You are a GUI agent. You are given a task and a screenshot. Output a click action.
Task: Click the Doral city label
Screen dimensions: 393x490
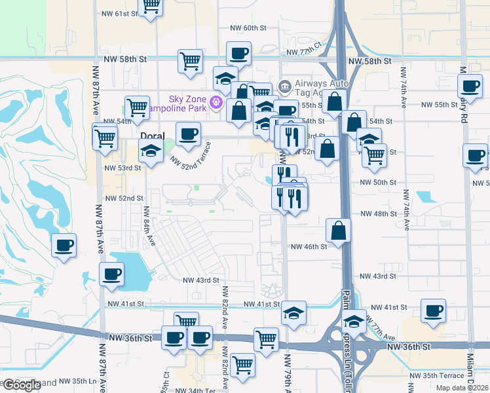tap(153, 136)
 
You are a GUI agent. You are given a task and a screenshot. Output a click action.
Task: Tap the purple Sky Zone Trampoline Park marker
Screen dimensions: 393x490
tap(216, 103)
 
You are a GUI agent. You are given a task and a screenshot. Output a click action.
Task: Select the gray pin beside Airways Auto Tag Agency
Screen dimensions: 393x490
tap(284, 86)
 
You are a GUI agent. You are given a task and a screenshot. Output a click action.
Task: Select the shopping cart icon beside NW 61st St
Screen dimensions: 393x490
tap(151, 6)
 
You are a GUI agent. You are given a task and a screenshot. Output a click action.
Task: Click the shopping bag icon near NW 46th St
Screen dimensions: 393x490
tap(338, 230)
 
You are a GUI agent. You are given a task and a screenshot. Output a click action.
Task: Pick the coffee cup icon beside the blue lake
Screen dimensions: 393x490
tap(111, 274)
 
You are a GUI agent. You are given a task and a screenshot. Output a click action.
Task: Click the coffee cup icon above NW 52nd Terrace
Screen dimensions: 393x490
tap(188, 134)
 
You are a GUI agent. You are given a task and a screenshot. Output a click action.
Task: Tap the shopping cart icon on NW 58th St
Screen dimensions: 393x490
tap(190, 61)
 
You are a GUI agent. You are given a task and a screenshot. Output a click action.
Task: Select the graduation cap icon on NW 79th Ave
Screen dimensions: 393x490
tap(294, 312)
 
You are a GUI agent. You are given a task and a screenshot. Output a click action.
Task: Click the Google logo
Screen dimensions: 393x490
tap(22, 385)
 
